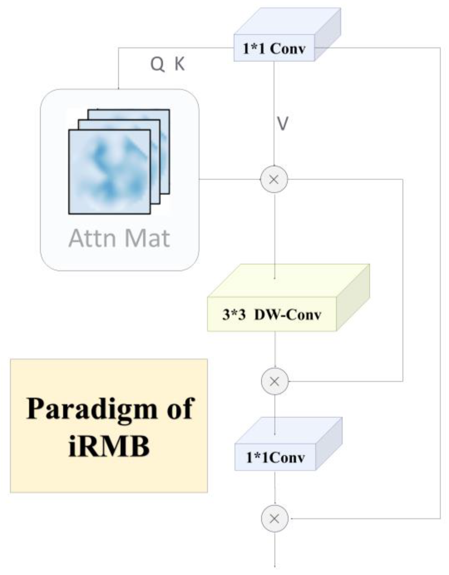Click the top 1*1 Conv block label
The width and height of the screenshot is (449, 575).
[x=274, y=49]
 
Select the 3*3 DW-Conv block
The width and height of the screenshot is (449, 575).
[x=272, y=314]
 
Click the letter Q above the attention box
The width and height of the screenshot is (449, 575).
[x=157, y=65]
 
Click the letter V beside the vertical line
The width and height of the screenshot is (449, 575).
[x=283, y=124]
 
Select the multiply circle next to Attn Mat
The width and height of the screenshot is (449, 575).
[x=274, y=179]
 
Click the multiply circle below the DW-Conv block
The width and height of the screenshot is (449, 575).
[x=274, y=382]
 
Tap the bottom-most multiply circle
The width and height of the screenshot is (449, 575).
[x=274, y=518]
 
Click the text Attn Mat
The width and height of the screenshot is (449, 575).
[x=119, y=238]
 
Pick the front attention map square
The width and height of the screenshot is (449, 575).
[x=109, y=172]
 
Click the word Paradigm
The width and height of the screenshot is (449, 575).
[x=91, y=409]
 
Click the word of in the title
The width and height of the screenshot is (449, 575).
[x=180, y=409]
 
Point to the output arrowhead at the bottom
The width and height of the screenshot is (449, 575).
[x=275, y=566]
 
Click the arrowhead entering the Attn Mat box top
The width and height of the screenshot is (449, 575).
[x=119, y=88]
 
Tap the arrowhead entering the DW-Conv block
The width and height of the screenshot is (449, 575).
[x=274, y=278]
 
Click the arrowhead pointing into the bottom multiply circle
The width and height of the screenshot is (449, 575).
[x=291, y=518]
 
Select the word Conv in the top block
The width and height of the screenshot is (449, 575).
[x=287, y=49]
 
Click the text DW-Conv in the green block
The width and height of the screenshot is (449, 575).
[x=288, y=315]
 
